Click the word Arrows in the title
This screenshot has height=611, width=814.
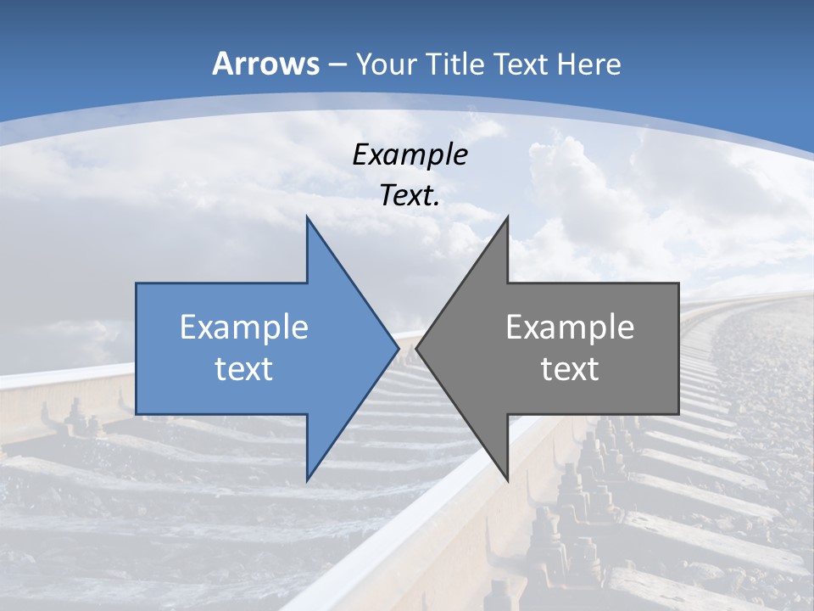coord(265,64)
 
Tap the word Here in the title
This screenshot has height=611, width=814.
coord(587,64)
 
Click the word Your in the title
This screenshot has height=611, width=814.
coord(387,64)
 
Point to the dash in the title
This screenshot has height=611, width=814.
coord(337,65)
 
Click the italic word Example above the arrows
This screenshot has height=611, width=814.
coord(410,154)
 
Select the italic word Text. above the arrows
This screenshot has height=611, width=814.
coord(410,195)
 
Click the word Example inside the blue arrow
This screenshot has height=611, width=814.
coord(244,328)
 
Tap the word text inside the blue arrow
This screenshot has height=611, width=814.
coord(244,369)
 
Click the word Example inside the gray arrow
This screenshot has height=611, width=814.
coord(570,328)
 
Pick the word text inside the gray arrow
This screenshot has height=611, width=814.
coord(570,369)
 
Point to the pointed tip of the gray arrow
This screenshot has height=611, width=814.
coord(417,348)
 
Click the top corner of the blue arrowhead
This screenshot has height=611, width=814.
coord(307,217)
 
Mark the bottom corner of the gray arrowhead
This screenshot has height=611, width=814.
coord(507,480)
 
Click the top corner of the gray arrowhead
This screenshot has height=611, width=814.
coord(507,217)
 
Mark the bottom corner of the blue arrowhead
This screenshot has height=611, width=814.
coord(307,480)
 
